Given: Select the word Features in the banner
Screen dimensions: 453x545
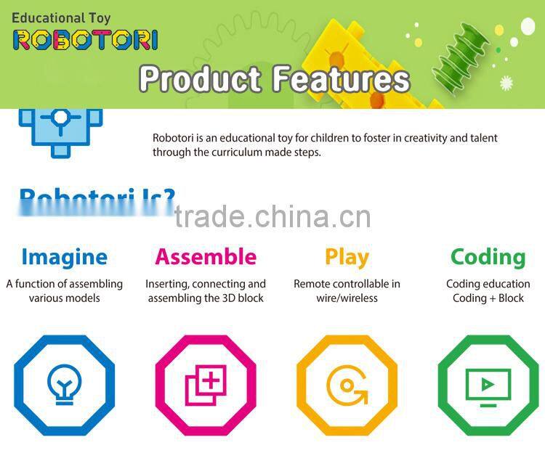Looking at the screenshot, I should pos(342,78).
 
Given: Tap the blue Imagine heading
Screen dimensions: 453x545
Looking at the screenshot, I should pos(64,256).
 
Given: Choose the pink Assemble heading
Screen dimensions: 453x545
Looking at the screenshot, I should pos(206,256).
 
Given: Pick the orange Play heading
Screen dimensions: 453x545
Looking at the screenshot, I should pos(347,256).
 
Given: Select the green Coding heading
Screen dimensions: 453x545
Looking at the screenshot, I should pos(488,256).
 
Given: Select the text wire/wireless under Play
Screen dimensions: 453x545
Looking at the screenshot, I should pos(347,298).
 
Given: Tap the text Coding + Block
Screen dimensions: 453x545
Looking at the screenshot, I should pos(488,298).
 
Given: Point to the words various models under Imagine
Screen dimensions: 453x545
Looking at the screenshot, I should pos(64,298).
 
